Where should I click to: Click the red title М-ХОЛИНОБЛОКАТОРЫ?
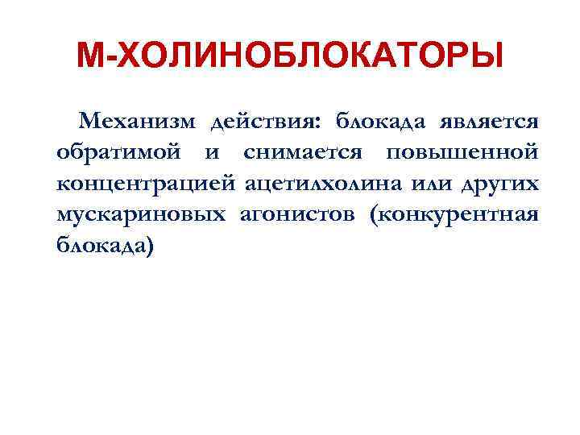(289, 57)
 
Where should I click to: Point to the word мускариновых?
(139, 214)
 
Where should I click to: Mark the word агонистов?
(299, 214)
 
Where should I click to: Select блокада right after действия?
(379, 122)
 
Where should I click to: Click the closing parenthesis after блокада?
(147, 245)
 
